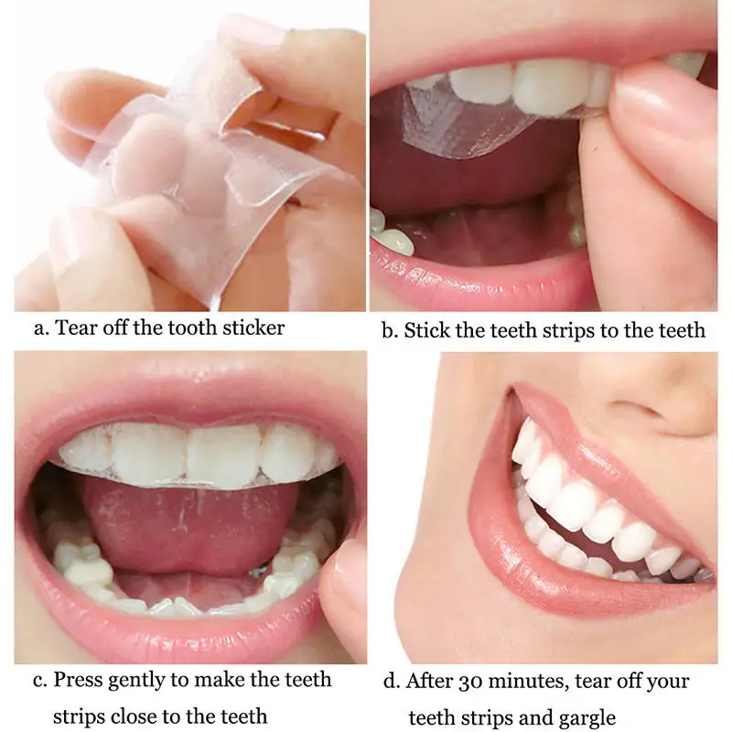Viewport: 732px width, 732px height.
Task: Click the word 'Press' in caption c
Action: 76,680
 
